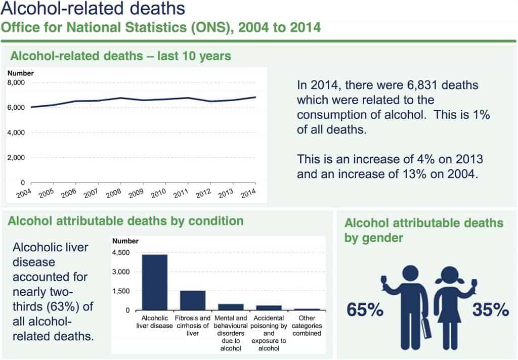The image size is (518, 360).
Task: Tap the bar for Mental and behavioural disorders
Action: (231, 306)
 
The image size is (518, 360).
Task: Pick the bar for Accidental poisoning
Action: (269, 307)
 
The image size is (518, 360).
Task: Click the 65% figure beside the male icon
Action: (365, 310)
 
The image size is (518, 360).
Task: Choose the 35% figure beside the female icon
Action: (490, 310)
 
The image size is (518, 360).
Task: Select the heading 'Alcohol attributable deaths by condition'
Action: (126, 221)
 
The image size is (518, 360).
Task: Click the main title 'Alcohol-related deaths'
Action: (93, 9)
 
